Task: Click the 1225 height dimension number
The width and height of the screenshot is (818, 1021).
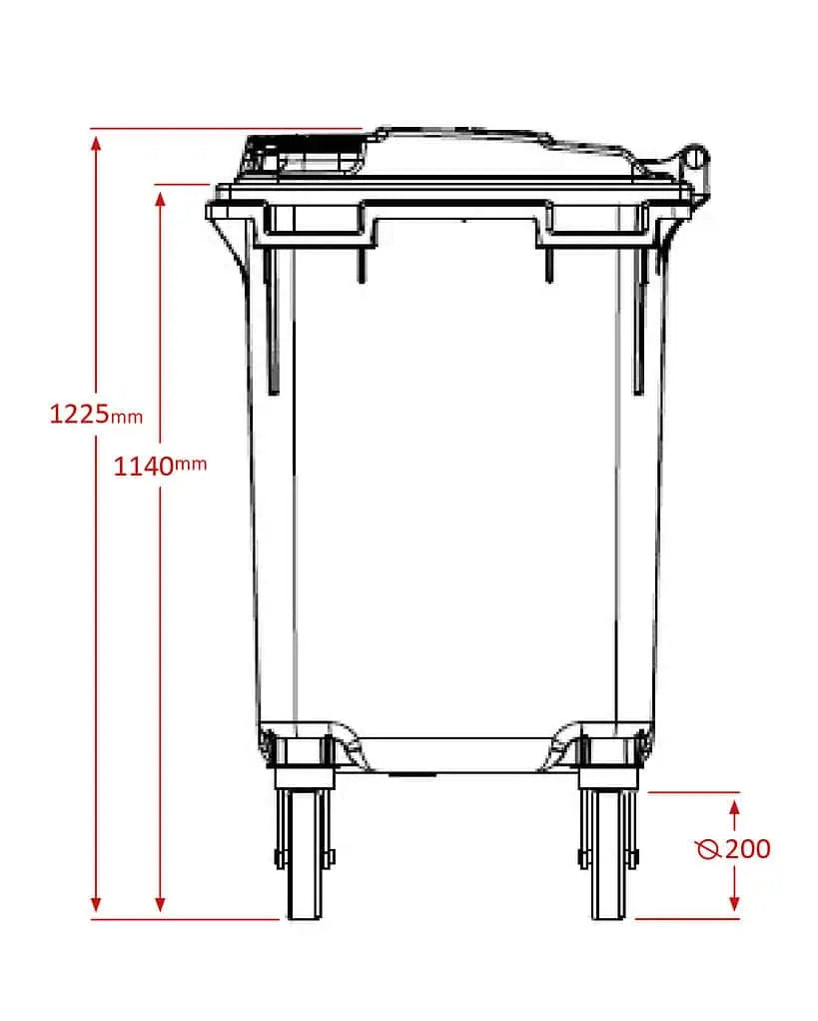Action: click(x=79, y=412)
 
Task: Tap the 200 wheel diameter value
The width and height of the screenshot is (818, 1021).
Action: click(x=747, y=849)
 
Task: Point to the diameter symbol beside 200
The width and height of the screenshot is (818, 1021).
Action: click(x=708, y=850)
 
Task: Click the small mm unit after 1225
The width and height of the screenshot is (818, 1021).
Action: click(x=127, y=417)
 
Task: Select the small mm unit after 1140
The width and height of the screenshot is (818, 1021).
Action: click(x=191, y=464)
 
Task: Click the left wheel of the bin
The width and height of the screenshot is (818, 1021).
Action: click(x=303, y=854)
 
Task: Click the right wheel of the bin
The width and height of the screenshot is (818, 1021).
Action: click(x=606, y=854)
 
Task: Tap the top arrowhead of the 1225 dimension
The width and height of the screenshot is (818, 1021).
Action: click(x=96, y=140)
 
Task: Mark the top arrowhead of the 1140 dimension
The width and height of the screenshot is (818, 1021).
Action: click(x=160, y=196)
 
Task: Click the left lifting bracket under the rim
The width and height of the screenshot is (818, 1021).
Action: click(x=318, y=226)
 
